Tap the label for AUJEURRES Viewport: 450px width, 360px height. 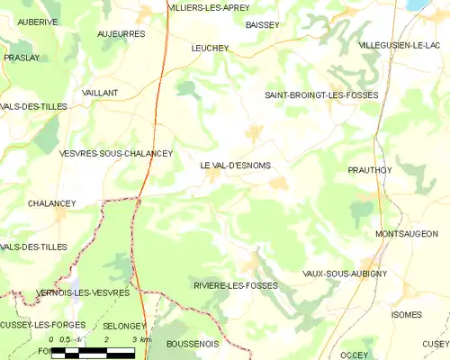[121, 33]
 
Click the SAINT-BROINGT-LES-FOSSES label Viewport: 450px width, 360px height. [320, 94]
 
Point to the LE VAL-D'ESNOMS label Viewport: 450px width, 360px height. [235, 166]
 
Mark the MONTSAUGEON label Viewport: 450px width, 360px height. [411, 234]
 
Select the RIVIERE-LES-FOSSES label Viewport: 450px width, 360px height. [235, 285]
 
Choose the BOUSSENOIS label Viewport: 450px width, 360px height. [193, 343]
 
